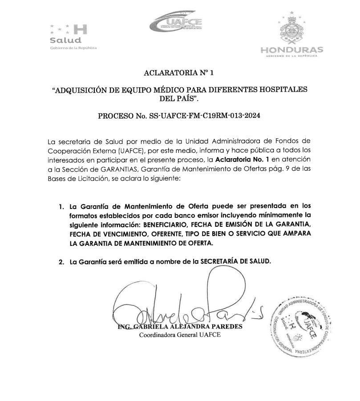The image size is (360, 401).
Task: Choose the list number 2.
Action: (x=61, y=262)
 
